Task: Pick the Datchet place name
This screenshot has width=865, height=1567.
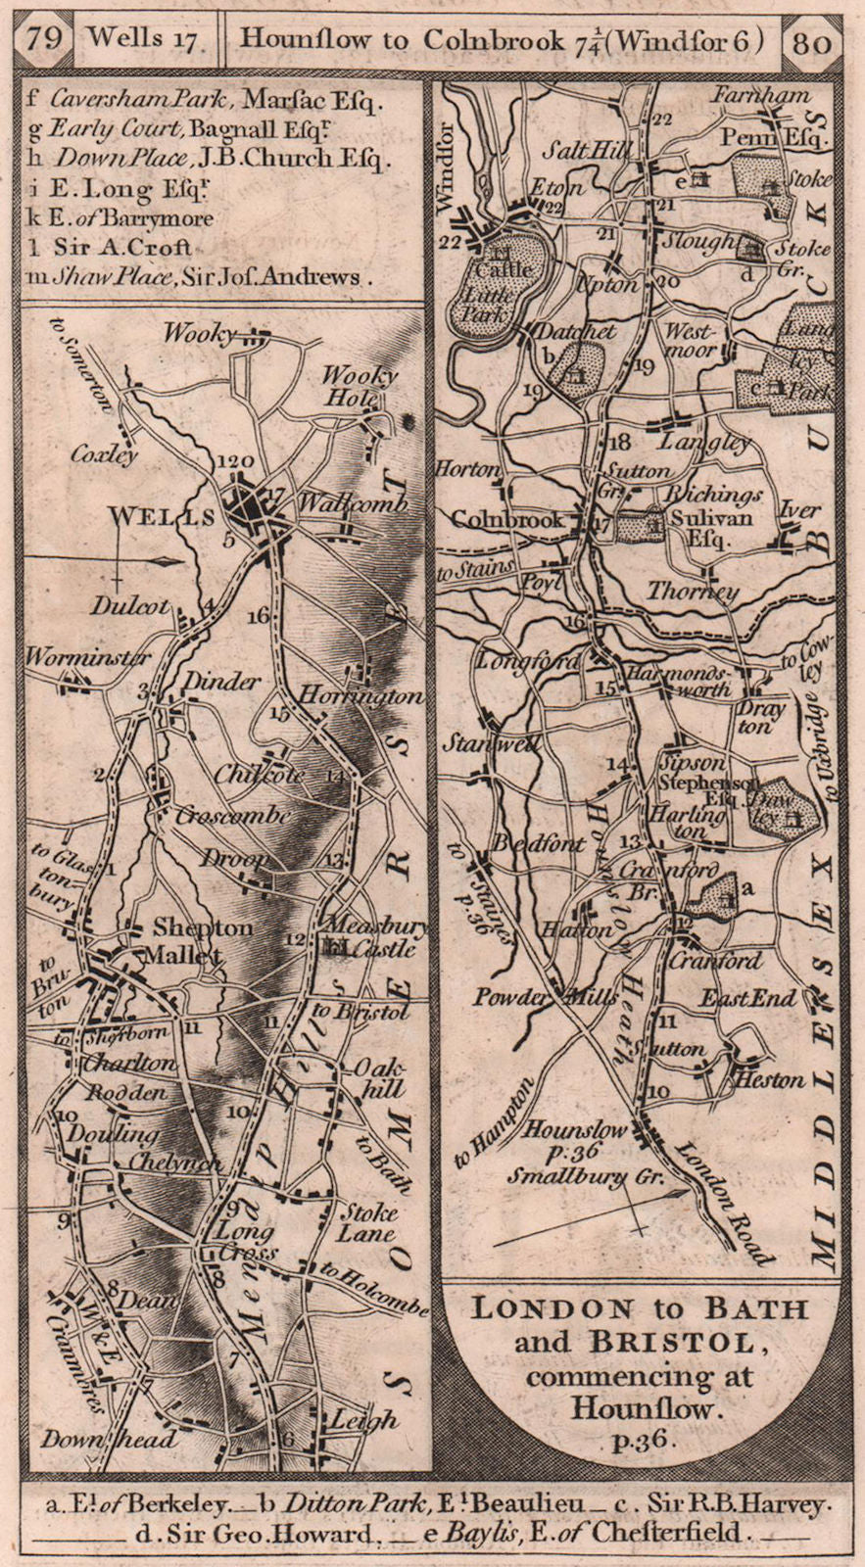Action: coord(575,332)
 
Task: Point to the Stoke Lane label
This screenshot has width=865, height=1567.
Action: coord(366,1222)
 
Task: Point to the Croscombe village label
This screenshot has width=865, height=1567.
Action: coord(232,815)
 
